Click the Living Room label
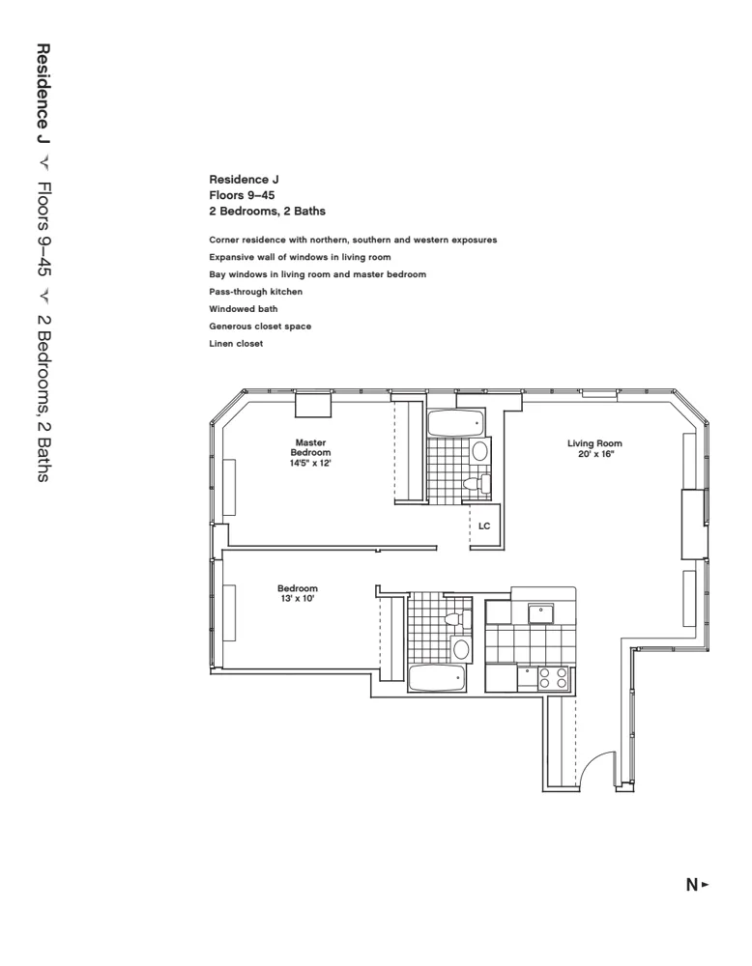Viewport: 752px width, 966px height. pos(593,443)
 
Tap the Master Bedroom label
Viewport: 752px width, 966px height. pos(310,447)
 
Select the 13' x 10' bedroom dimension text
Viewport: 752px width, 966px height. pos(298,599)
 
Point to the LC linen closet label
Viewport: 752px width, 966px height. pos(484,526)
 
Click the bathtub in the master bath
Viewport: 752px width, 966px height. pos(456,424)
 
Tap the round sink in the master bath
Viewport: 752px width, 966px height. pos(479,451)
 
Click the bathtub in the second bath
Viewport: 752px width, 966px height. pos(437,678)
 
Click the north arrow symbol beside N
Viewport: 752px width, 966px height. pos(706,884)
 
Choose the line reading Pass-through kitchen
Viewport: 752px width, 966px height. pos(255,292)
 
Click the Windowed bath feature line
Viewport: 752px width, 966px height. pos(243,309)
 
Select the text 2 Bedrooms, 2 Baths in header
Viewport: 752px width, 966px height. pos(267,211)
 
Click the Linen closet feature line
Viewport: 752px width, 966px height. pos(236,344)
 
